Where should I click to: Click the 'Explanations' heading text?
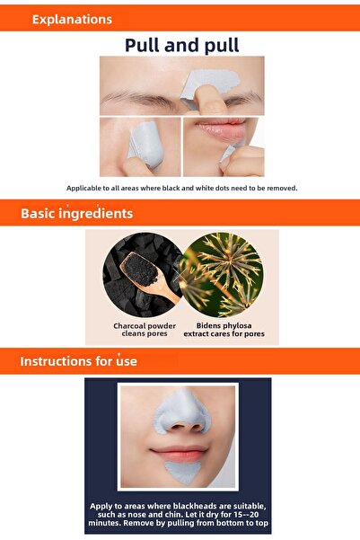pos(72,19)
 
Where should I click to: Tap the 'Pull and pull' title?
pos(182,45)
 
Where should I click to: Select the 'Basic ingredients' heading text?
pos(76,214)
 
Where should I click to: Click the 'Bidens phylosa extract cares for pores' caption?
pos(221,329)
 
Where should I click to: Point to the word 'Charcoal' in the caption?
pos(130,324)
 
